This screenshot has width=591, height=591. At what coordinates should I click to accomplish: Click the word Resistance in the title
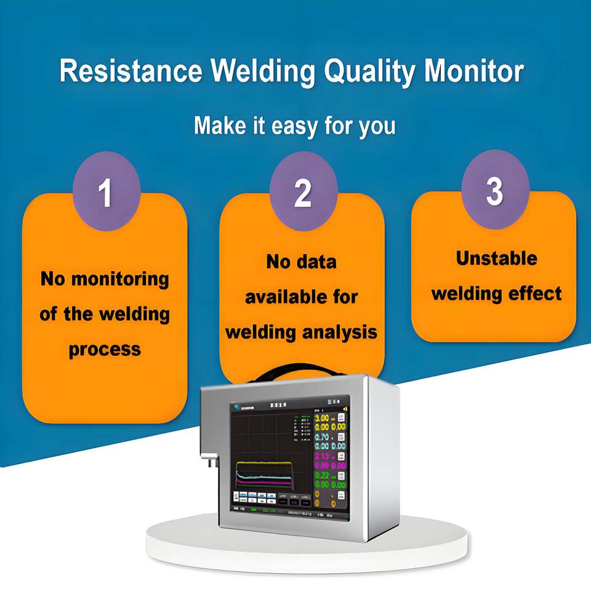[x=131, y=71]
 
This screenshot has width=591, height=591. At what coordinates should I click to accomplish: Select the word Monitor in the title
[x=474, y=71]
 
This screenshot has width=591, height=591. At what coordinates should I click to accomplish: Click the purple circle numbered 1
[x=106, y=192]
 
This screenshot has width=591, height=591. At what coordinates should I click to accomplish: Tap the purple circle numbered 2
[x=303, y=192]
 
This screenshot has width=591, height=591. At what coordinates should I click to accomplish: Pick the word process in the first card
[x=105, y=349]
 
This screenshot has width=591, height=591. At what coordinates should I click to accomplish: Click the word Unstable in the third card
[x=496, y=258]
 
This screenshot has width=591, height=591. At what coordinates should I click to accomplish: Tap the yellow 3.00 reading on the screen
[x=322, y=418]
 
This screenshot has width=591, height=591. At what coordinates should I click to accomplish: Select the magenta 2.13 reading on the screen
[x=322, y=456]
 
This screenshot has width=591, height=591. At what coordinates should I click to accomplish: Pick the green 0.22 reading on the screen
[x=322, y=475]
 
